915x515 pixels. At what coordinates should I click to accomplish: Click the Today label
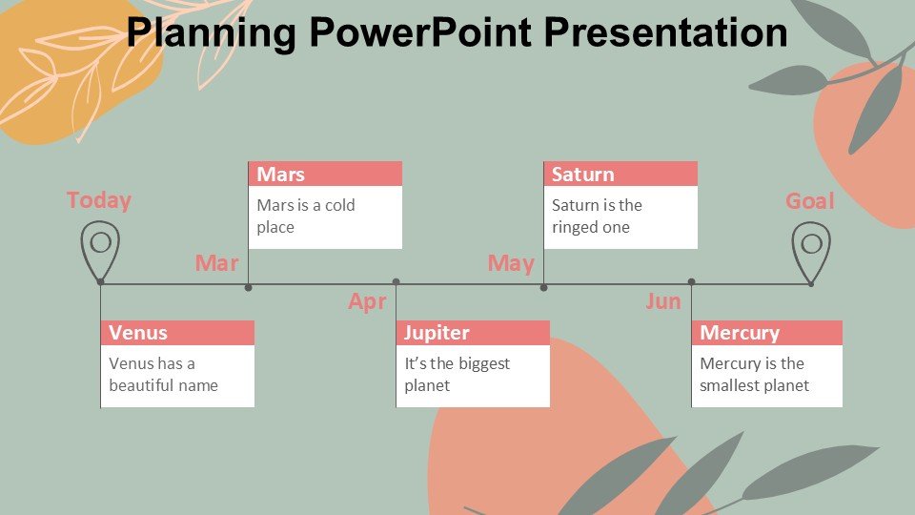98,200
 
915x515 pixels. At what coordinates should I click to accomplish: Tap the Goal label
809,201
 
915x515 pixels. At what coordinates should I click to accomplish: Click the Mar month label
216,263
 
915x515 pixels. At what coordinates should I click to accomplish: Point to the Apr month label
367,302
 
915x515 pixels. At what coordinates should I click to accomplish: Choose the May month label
511,264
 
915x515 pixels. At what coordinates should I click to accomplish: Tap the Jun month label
663,301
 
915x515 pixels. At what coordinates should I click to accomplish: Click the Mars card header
325,174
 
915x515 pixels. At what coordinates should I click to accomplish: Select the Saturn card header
620,174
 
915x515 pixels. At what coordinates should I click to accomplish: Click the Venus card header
177,333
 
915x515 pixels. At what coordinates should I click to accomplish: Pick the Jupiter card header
473,333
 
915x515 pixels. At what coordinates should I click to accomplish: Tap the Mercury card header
766,333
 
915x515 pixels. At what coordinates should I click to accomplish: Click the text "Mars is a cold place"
306,216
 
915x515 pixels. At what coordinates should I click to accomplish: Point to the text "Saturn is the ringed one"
597,216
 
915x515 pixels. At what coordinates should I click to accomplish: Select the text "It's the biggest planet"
457,374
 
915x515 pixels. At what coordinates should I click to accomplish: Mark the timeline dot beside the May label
544,288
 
